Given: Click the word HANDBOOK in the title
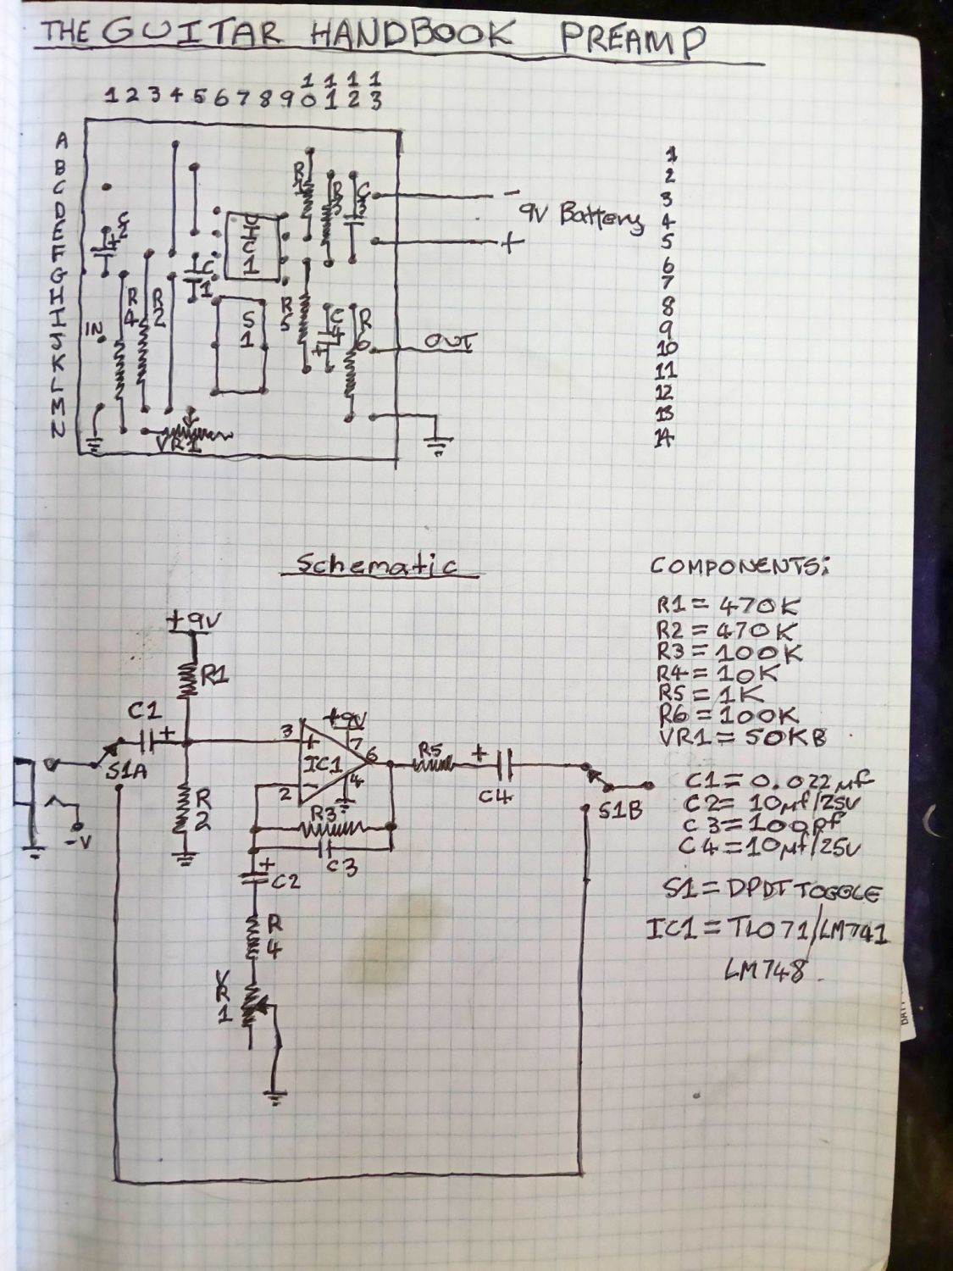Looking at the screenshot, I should pos(412,36).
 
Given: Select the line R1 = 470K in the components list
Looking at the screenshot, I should pos(726,607).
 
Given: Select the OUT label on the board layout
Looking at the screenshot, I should pos(450,343).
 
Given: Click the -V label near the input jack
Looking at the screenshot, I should pos(79,841).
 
